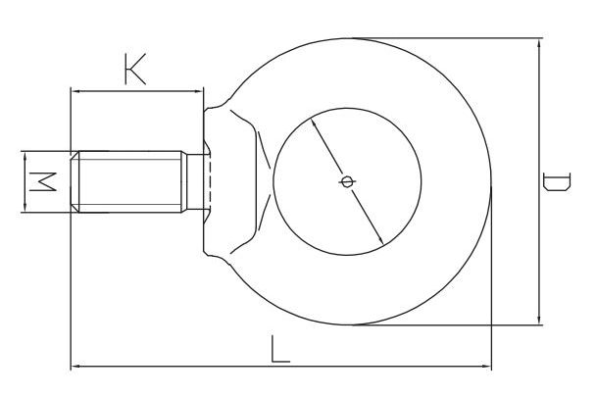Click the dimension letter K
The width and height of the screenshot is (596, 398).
point(135,70)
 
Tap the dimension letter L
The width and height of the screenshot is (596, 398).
point(280,349)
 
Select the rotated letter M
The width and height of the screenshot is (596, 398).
point(43,181)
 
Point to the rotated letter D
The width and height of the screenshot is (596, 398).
point(557,181)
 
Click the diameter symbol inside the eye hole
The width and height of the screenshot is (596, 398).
point(347,181)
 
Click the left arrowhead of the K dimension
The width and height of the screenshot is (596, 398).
point(75,91)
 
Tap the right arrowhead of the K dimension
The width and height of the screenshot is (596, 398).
point(199,91)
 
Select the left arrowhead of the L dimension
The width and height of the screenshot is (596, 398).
point(76,366)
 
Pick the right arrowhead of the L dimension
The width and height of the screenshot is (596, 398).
point(486,366)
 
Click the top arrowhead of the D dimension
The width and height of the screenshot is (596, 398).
point(539,43)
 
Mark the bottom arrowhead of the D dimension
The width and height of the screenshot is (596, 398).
point(539,320)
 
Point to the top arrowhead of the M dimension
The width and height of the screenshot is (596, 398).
point(25,156)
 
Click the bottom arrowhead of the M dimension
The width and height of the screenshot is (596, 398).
point(25,208)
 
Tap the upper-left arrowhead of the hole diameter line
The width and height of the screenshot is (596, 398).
point(314,123)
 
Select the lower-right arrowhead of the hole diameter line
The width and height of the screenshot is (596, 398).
point(380,240)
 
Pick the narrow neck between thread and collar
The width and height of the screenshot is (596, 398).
point(195,181)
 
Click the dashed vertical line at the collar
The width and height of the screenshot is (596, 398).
point(210,181)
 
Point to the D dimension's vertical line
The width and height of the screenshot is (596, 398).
point(539,181)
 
